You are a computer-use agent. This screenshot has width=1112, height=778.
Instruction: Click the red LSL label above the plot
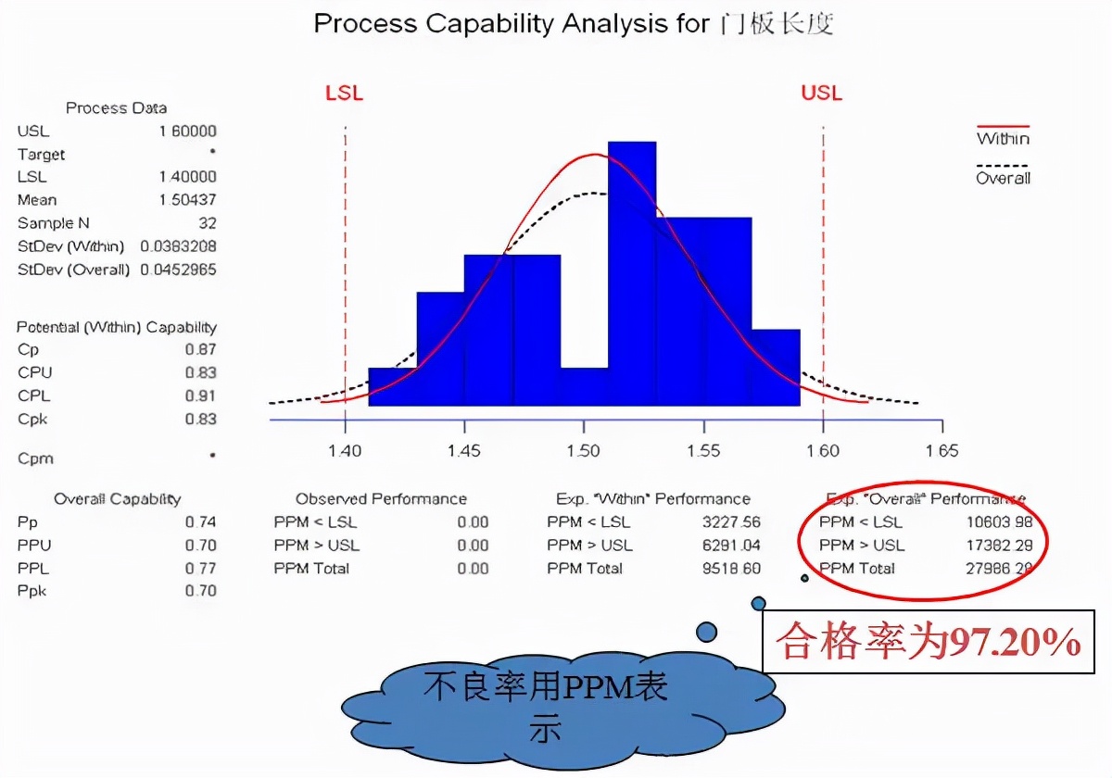click(344, 94)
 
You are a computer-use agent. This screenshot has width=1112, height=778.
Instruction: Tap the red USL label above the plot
click(822, 94)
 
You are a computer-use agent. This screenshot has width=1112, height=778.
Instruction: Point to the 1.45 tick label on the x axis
click(463, 451)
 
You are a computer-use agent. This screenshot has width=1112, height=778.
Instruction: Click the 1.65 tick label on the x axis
click(941, 451)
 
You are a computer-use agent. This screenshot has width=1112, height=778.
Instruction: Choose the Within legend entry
click(1003, 139)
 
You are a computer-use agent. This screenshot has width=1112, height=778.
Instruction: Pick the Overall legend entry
click(1003, 178)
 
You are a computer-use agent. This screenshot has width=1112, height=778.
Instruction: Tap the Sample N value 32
click(208, 223)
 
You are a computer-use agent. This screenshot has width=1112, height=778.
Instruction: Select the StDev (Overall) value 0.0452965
click(178, 270)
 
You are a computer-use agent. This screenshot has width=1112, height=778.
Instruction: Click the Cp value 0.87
click(200, 349)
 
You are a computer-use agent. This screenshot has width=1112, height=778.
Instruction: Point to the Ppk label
click(32, 591)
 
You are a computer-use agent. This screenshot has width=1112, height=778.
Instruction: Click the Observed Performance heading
click(381, 499)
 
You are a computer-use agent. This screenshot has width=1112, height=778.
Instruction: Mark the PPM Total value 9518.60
click(731, 569)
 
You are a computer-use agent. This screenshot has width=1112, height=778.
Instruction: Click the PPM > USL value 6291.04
click(731, 546)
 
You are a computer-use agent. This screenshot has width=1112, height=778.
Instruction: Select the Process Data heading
click(116, 108)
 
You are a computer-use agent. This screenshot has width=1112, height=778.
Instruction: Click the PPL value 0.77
click(200, 569)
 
